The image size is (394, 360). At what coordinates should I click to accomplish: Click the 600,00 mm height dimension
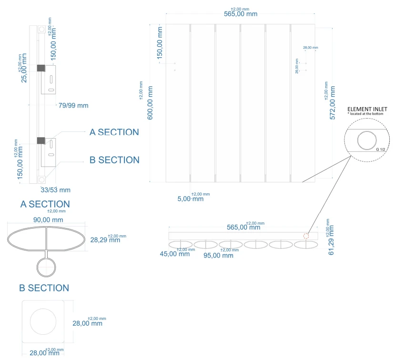point(151,103)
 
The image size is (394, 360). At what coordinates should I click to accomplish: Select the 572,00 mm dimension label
point(333,103)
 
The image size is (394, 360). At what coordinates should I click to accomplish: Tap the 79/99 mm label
point(73,105)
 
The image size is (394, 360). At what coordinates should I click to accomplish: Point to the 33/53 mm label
point(55,190)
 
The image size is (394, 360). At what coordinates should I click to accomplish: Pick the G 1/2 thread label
point(380,150)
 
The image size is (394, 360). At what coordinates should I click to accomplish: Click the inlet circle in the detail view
point(367,141)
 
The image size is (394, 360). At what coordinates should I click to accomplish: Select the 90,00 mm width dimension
point(46,220)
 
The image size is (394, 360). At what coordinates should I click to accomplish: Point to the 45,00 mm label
point(174,254)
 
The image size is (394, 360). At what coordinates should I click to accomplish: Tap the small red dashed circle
point(306,236)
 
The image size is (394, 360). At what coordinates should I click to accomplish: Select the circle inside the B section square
point(43,320)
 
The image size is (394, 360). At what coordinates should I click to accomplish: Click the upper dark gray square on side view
point(41,68)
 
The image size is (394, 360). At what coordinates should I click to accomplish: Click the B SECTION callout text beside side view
point(114,160)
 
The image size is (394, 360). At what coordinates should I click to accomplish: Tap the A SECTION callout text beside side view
point(114,132)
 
